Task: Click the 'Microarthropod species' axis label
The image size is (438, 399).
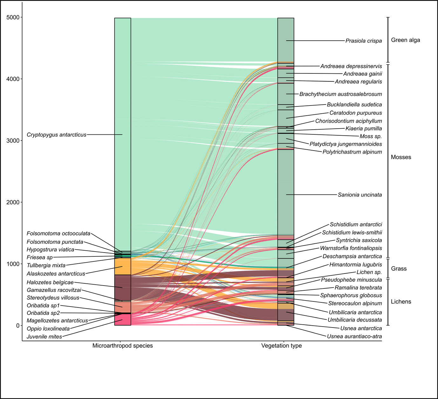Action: click(122, 346)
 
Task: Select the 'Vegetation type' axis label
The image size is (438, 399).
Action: click(281, 346)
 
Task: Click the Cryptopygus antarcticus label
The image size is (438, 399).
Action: click(57, 135)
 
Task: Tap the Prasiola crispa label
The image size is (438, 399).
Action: click(364, 41)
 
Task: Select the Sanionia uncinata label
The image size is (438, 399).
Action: click(360, 195)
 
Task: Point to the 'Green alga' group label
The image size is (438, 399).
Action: click(405, 40)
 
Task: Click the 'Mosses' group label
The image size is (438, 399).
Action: click(401, 157)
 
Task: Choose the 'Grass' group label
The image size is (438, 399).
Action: click(399, 269)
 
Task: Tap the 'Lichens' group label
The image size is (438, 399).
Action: click(401, 302)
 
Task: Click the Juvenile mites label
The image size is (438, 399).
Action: click(44, 337)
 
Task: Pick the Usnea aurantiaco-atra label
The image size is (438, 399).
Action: click(354, 336)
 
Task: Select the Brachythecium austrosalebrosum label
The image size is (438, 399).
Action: click(340, 94)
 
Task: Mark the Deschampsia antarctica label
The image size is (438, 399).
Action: click(352, 256)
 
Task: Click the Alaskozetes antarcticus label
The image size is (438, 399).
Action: click(56, 274)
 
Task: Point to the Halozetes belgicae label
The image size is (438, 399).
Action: click(50, 282)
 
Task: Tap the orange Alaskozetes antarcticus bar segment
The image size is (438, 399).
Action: click(123, 266)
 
